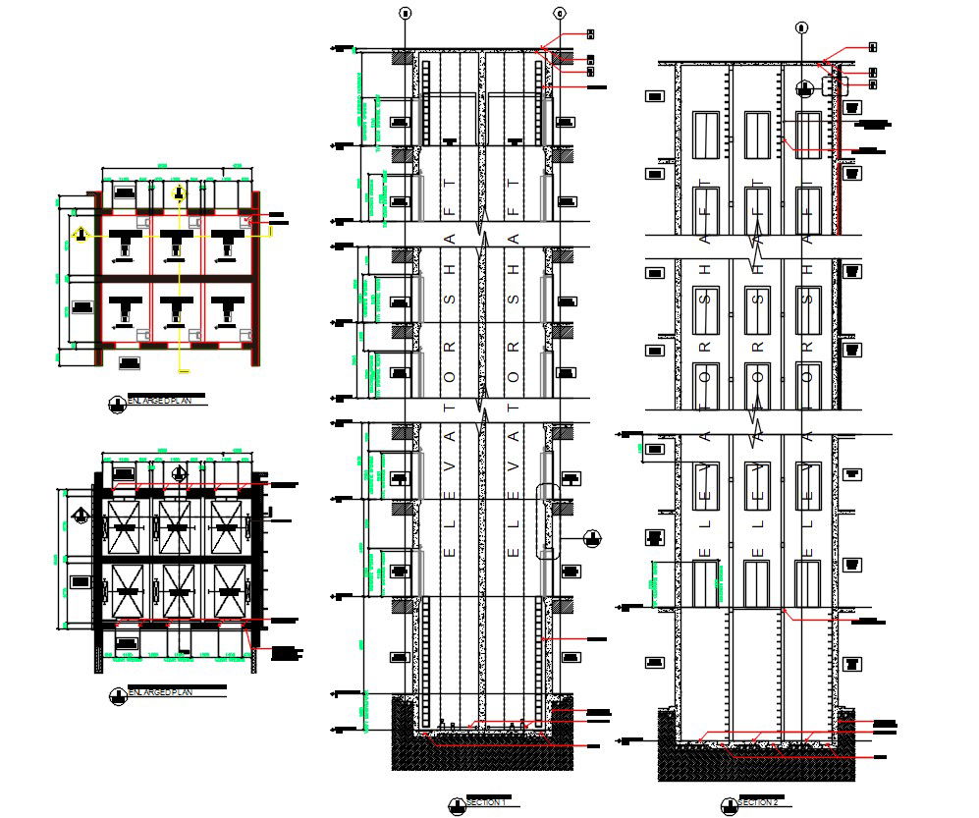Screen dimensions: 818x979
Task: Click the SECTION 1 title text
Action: coord(486,803)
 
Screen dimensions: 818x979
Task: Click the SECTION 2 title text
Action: coord(759,803)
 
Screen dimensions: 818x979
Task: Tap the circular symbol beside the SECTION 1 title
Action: coord(454,804)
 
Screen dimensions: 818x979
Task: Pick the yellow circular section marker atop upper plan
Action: coord(178,192)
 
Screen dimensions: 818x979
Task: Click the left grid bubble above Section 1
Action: coord(403,13)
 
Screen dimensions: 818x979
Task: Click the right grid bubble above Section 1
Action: coord(560,13)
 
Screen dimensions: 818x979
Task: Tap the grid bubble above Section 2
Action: coord(801,27)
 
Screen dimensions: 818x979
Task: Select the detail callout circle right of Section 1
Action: coord(591,537)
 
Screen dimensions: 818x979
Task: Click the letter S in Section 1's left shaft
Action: coord(451,293)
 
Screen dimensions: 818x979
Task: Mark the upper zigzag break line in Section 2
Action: coord(757,237)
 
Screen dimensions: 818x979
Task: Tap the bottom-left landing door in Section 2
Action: coord(706,583)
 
